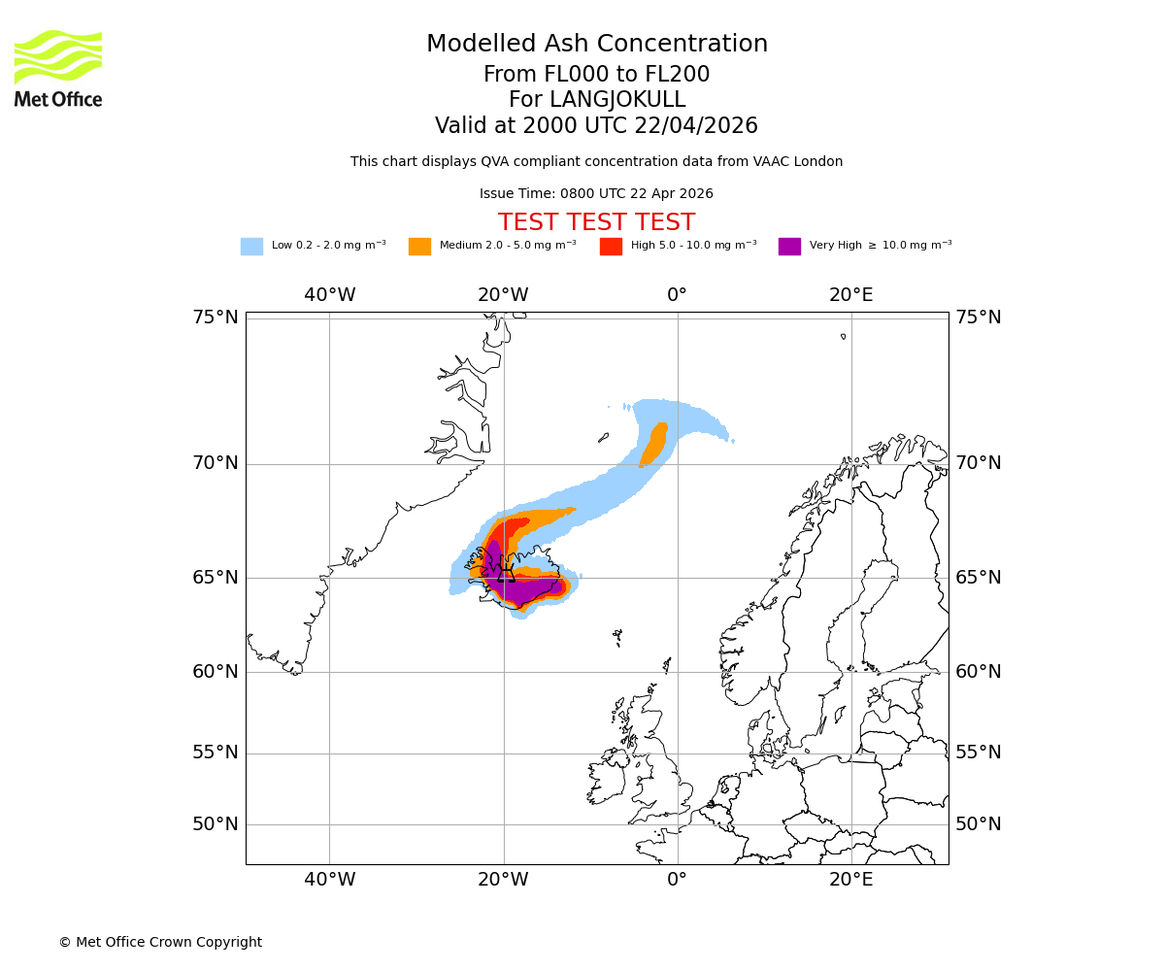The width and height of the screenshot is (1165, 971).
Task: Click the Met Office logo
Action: click(58, 68)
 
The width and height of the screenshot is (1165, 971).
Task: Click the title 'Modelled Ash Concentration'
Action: click(596, 44)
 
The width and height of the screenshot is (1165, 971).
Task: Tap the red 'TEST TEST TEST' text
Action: click(596, 222)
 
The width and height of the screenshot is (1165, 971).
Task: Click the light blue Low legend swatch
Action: click(251, 247)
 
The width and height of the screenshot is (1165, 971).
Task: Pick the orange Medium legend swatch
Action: click(419, 247)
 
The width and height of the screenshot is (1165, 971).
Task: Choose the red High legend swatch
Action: click(611, 247)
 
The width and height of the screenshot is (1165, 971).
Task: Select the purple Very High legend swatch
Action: click(789, 247)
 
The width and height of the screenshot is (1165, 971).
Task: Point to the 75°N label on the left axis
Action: click(215, 318)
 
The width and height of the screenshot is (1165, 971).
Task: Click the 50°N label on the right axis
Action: click(978, 824)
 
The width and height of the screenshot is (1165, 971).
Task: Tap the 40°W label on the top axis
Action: click(329, 295)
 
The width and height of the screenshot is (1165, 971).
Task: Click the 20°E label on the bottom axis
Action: click(850, 880)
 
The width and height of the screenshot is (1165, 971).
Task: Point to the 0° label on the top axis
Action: click(677, 295)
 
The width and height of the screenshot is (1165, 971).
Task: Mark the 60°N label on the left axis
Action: click(215, 672)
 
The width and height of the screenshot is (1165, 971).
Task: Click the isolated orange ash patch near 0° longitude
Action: click(654, 445)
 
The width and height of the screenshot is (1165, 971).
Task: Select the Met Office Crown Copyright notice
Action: click(160, 942)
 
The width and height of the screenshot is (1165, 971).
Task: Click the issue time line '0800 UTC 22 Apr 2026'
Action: click(596, 194)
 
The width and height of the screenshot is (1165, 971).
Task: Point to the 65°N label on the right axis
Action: click(978, 578)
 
